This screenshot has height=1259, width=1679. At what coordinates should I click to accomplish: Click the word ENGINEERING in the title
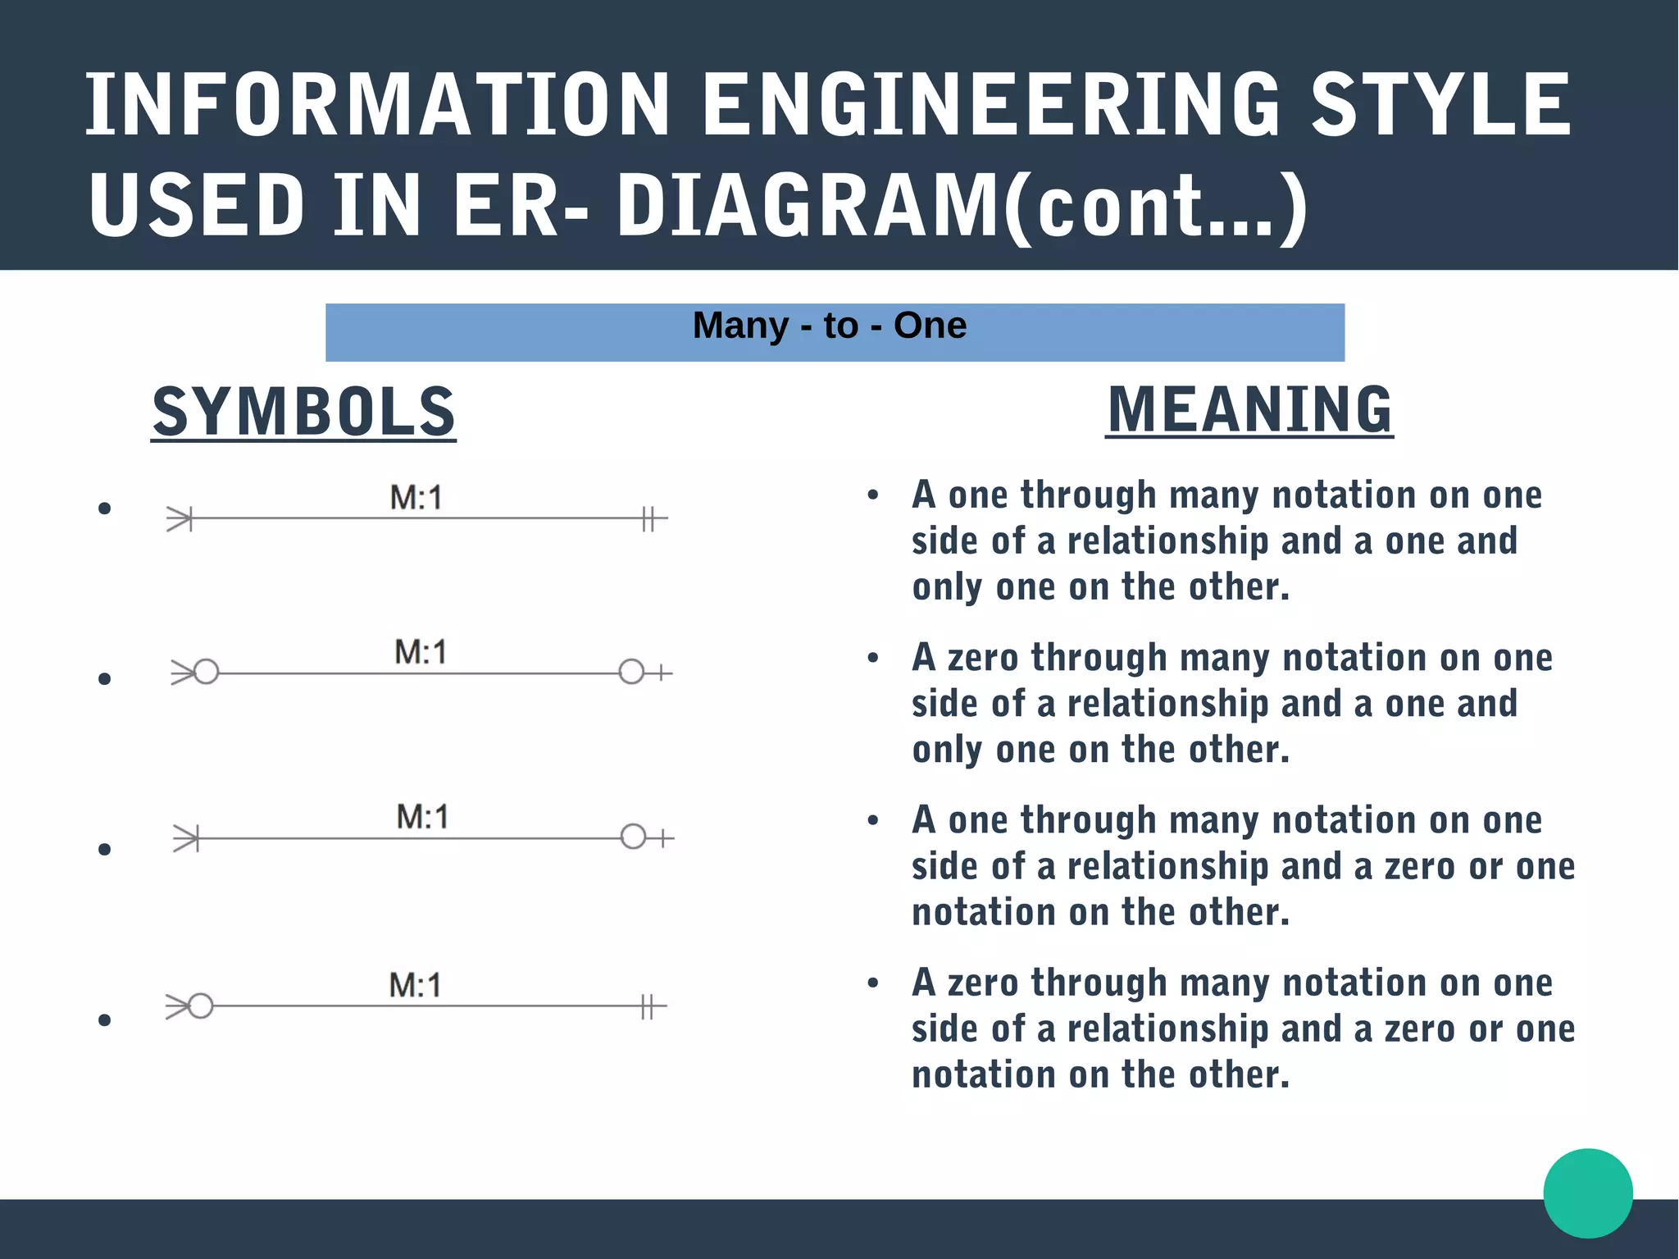click(990, 105)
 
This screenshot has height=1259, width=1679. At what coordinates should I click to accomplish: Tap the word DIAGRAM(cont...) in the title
click(961, 207)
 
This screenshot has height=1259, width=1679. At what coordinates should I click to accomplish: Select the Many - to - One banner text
click(830, 326)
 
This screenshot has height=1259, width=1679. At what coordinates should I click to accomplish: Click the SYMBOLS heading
click(303, 412)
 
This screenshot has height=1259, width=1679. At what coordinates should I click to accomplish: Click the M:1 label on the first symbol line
click(416, 498)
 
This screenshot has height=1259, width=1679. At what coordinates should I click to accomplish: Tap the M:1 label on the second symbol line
click(421, 653)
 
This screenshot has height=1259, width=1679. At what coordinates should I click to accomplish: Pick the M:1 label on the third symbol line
click(422, 817)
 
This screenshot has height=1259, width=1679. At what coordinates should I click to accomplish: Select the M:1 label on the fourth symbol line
click(415, 985)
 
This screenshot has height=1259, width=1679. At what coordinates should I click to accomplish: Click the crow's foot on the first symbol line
click(180, 518)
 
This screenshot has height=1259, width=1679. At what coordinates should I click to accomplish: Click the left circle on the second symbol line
click(207, 673)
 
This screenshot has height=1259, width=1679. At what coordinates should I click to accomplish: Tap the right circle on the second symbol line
click(631, 673)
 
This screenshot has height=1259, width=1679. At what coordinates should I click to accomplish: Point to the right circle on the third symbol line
click(633, 837)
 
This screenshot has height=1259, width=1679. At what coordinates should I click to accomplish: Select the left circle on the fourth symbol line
click(201, 1006)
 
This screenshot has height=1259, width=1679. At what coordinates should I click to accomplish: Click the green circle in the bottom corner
click(1587, 1193)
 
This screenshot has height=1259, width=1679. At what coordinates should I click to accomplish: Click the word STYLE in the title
click(1440, 105)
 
